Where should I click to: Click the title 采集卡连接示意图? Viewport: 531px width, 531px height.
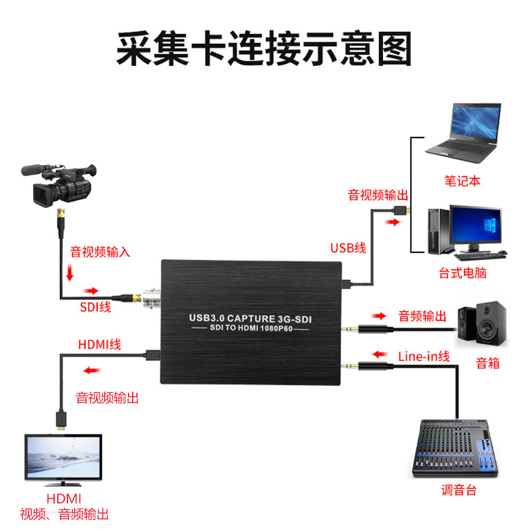pyautogui.click(x=264, y=48)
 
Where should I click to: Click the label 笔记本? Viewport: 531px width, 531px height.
pyautogui.click(x=462, y=181)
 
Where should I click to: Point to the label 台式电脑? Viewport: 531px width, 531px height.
pyautogui.click(x=463, y=273)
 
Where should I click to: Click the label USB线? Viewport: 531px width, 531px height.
pyautogui.click(x=348, y=248)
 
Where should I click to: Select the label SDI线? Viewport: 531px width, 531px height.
pyautogui.click(x=96, y=306)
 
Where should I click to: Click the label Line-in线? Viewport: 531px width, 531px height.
pyautogui.click(x=424, y=356)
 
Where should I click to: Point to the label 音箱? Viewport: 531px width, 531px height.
pyautogui.click(x=488, y=364)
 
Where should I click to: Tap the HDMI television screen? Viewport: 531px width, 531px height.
pyautogui.click(x=63, y=458)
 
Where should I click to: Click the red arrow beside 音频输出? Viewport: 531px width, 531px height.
pyautogui.click(x=379, y=316)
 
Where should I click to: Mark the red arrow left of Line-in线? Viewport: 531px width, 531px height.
pyautogui.click(x=380, y=354)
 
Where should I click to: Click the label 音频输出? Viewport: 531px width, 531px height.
pyautogui.click(x=423, y=316)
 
